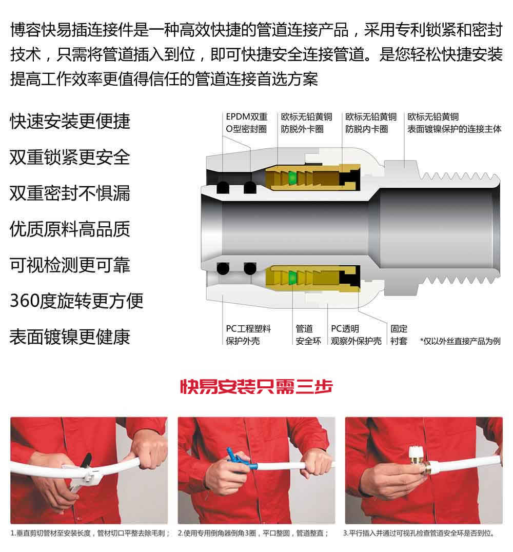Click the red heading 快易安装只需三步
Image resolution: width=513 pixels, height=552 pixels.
click(x=256, y=386)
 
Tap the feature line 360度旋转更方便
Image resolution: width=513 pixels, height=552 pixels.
click(x=76, y=301)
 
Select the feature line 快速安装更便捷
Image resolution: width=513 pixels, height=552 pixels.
click(x=70, y=122)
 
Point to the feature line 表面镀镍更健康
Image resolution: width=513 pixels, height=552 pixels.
click(x=70, y=337)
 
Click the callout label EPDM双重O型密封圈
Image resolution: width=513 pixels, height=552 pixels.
click(x=246, y=123)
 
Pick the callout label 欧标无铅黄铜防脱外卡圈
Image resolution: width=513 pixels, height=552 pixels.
click(x=306, y=123)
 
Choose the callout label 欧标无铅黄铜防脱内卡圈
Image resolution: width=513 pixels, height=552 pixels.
click(x=371, y=123)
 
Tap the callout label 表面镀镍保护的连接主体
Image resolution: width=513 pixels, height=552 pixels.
click(x=454, y=123)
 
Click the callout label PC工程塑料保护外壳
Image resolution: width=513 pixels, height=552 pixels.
click(x=248, y=335)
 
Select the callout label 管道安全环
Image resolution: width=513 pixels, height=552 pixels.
click(x=308, y=335)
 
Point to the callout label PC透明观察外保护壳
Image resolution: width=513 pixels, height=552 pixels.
click(x=356, y=335)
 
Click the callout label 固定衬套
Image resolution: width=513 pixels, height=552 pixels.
click(x=399, y=335)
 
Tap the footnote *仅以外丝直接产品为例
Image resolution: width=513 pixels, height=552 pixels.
click(x=460, y=341)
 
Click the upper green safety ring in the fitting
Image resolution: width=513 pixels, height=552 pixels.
click(x=291, y=178)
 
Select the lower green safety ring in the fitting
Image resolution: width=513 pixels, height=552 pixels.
click(x=291, y=278)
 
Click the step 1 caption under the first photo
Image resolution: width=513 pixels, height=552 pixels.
click(x=90, y=534)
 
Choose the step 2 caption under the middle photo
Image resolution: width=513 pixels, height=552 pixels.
click(x=253, y=534)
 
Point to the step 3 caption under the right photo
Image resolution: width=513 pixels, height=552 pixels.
click(x=419, y=534)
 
